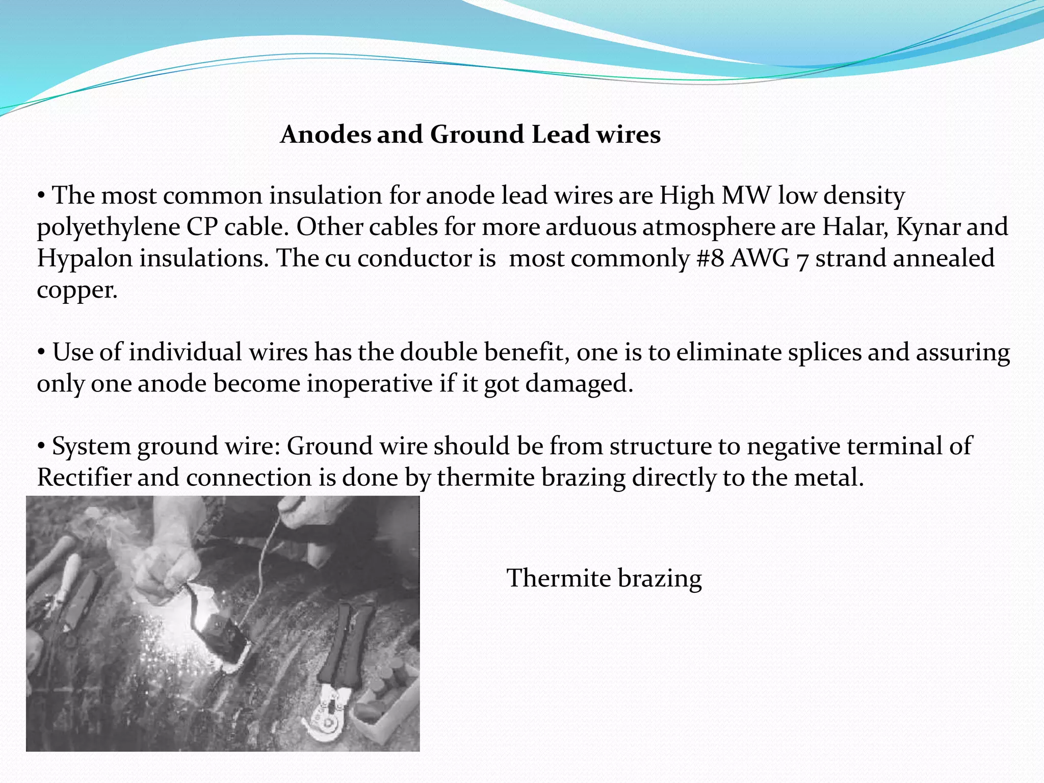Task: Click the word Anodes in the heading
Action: click(326, 135)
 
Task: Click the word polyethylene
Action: click(109, 227)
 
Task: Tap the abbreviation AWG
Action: click(760, 258)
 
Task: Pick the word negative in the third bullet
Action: click(793, 446)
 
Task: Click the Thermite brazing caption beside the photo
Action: click(604, 579)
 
